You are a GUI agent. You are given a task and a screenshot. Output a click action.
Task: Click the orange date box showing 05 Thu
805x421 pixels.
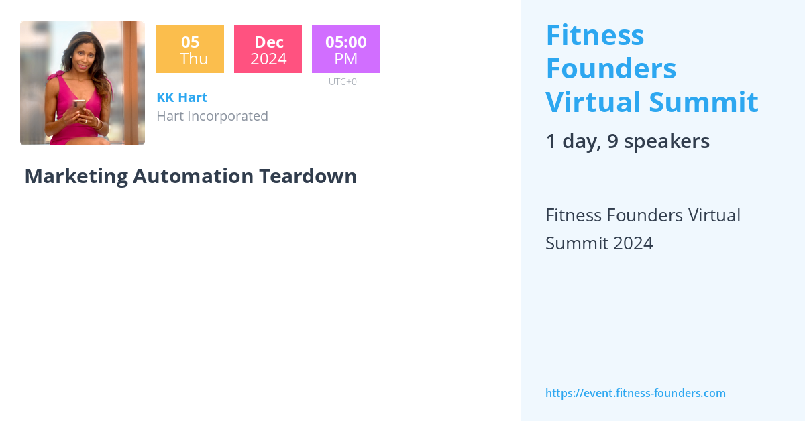tap(190, 50)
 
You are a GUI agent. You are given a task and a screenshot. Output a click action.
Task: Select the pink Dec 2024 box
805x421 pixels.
tap(268, 50)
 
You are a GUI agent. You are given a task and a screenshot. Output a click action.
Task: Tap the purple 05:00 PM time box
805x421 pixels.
tap(345, 50)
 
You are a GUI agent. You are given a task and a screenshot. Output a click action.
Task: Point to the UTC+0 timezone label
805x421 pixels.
tap(343, 82)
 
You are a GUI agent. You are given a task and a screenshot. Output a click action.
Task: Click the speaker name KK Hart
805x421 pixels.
tap(182, 97)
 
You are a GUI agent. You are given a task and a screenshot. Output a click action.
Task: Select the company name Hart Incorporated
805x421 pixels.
tap(212, 116)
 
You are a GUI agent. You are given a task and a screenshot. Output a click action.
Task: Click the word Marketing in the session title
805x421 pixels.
tap(76, 176)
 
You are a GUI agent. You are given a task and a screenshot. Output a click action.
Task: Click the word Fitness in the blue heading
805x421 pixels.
tap(595, 35)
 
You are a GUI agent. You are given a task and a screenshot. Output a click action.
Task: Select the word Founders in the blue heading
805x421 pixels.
tap(610, 68)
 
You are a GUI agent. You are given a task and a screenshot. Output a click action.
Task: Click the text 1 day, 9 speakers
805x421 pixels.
tap(627, 141)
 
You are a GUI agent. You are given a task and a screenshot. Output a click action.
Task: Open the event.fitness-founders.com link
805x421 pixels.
tap(635, 393)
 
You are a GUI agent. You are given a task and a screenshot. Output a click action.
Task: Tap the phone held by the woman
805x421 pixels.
tap(79, 105)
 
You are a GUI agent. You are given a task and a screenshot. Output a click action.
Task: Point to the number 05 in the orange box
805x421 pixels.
tap(190, 42)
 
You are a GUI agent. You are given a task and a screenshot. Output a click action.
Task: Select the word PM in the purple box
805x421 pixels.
tap(345, 59)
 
